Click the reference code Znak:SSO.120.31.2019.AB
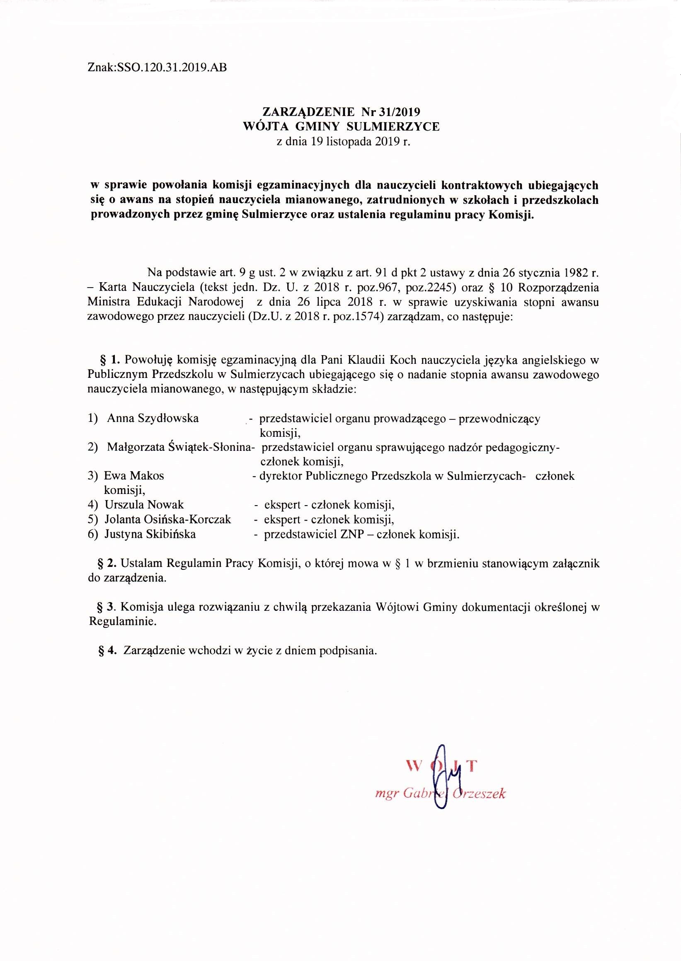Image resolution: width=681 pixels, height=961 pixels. click(157, 68)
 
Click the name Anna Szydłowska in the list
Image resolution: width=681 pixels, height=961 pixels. click(153, 418)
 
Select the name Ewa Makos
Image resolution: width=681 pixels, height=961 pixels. click(134, 476)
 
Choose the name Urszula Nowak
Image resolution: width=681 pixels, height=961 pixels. click(144, 505)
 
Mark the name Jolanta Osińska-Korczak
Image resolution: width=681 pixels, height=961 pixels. click(168, 520)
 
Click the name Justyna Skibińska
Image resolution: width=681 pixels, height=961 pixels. click(150, 534)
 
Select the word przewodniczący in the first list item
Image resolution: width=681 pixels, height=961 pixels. click(499, 419)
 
